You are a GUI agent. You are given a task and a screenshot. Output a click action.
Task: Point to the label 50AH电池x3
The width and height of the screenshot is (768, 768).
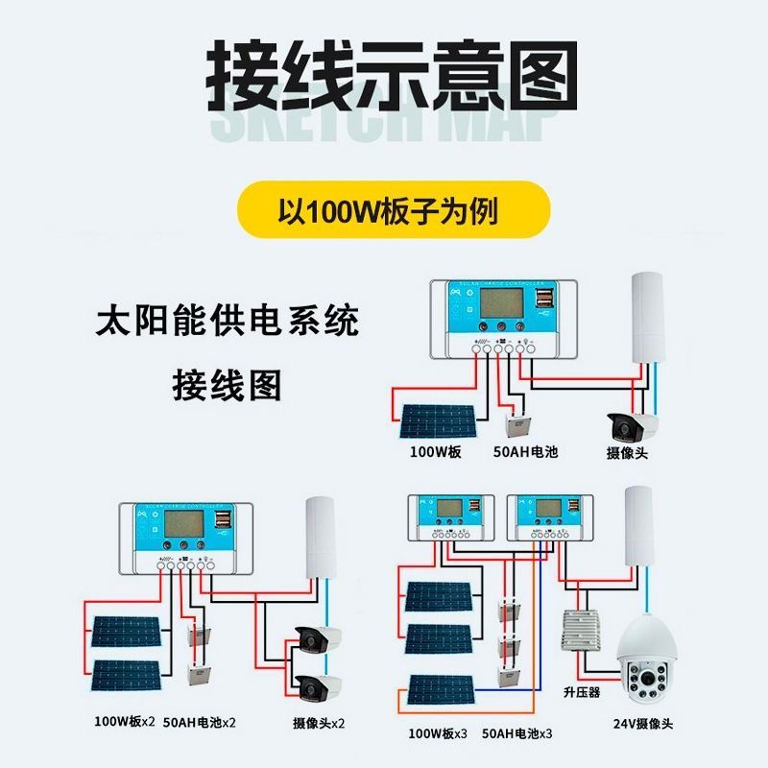pos(518,734)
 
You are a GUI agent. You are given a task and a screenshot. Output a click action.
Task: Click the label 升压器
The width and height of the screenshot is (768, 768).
pos(581,691)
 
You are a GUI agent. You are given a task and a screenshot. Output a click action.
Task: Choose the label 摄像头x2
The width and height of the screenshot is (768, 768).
pos(319,722)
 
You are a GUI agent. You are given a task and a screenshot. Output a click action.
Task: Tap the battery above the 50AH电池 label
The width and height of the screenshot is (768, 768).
pos(519,423)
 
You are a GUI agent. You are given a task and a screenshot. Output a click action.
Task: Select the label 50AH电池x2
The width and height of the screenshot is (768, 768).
pos(200,722)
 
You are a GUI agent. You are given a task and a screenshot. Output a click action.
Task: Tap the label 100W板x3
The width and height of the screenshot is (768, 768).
pos(438,734)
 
